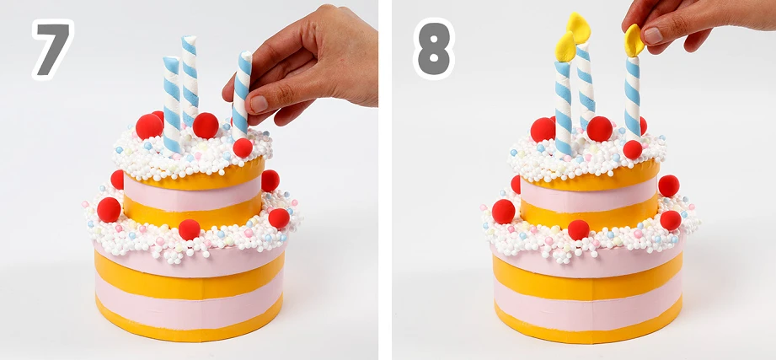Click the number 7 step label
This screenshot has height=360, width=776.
tap(53, 49)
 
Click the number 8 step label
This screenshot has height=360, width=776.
tap(434, 49)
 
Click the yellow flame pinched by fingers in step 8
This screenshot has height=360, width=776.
tap(634, 40)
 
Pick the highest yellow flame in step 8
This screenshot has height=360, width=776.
tap(579, 28)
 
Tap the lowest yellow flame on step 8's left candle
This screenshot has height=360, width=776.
tap(565, 46)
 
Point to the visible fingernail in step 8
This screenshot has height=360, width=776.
tap(653, 35)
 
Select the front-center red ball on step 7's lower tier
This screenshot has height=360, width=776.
tap(189, 230)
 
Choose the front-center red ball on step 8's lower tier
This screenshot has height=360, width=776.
tap(579, 230)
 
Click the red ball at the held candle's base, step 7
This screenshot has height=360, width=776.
tap(243, 148)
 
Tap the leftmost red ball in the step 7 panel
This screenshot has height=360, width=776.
tap(109, 209)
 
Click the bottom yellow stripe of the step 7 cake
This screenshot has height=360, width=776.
tap(189, 328)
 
